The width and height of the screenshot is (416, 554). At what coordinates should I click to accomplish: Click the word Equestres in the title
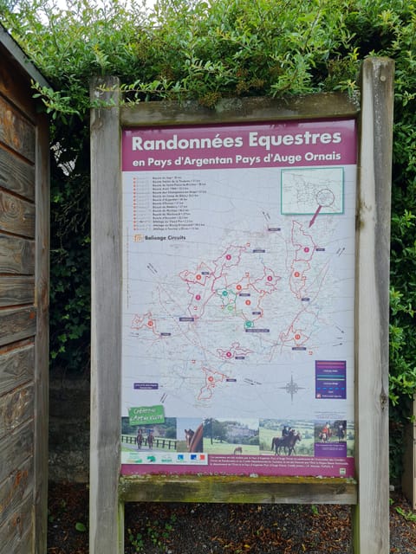point(296,138)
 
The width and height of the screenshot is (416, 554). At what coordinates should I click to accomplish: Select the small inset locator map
point(312,190)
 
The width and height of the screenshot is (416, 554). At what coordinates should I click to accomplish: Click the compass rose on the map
point(291,387)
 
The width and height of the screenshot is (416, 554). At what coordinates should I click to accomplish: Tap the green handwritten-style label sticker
point(146,413)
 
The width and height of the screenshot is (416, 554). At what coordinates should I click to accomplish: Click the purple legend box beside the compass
point(330,379)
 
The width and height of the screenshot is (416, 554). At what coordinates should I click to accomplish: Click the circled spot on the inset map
point(325,197)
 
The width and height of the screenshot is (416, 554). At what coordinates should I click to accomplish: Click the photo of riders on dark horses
point(285,438)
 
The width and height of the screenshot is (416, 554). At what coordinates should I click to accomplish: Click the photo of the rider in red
point(329,431)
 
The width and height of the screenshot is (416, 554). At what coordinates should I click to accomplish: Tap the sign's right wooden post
point(374,303)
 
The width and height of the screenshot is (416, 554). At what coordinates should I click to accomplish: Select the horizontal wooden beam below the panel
point(238,489)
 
